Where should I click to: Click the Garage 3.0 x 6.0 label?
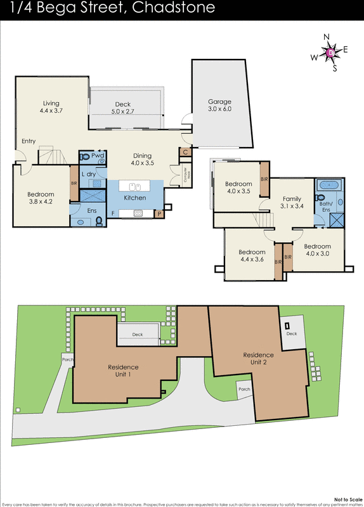point(220,105)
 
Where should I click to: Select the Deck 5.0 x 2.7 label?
point(123,108)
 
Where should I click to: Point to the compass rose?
point(330,52)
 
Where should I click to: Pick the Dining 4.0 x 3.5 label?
point(142,159)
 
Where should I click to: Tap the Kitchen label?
point(134,198)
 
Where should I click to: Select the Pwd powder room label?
point(97,155)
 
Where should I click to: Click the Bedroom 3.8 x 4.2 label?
point(41,198)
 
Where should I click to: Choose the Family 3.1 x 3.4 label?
point(292,202)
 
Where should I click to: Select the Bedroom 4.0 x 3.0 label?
point(316,250)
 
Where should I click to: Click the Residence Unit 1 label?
point(123,370)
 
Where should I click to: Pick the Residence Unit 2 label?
point(259,359)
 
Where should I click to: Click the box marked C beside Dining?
point(185,152)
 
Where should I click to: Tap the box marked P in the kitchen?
point(159,214)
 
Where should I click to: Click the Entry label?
point(28,141)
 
